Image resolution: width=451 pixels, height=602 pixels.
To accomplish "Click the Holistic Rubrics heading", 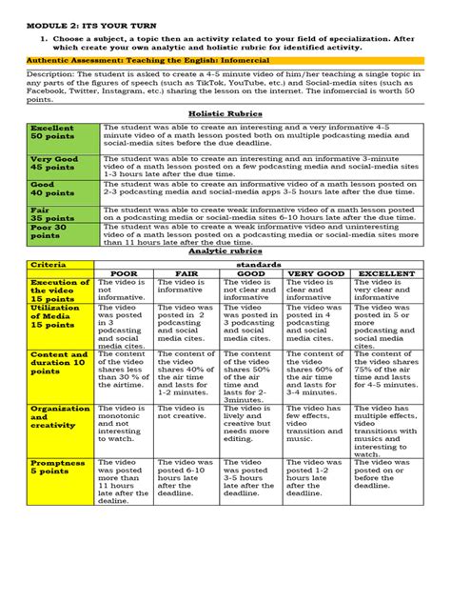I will pyautogui.click(x=225, y=112).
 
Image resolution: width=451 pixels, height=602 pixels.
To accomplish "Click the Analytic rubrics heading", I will pyautogui.click(x=225, y=251).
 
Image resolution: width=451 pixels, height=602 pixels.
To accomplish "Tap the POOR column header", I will pyautogui.click(x=125, y=273).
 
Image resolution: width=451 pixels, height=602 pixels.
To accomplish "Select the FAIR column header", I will pyautogui.click(x=186, y=273).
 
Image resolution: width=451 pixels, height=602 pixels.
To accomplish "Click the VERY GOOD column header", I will pyautogui.click(x=316, y=273).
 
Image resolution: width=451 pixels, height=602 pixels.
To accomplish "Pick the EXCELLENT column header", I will pyautogui.click(x=385, y=273).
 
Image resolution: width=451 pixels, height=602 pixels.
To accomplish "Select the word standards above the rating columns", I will pyautogui.click(x=256, y=263).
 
